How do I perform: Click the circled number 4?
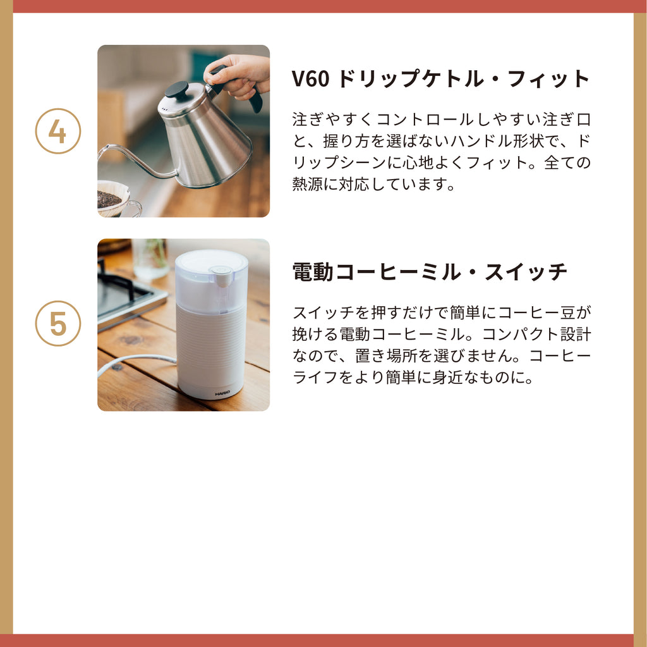point(58,132)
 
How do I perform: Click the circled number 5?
point(58,324)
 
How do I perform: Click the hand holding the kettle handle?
point(238,75)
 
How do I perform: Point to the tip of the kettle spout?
point(100,150)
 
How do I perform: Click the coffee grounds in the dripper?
point(109,199)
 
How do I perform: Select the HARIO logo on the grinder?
point(223,393)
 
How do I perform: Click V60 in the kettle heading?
point(311,78)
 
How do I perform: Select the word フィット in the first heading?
point(549,78)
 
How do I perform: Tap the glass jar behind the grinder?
point(150,258)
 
